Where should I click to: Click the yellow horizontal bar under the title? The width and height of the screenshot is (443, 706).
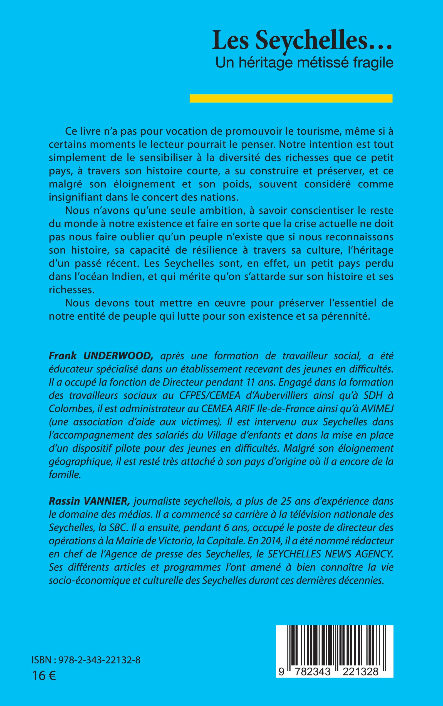291,98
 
